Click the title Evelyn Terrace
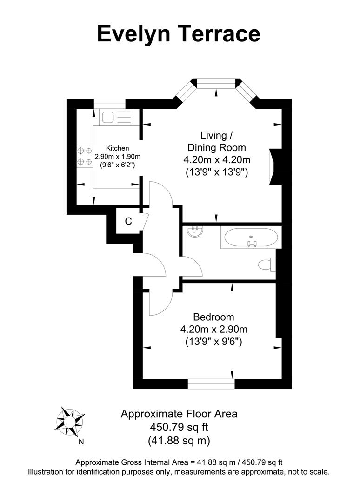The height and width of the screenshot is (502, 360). (x=179, y=34)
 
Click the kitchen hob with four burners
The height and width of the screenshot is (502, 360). (x=84, y=156)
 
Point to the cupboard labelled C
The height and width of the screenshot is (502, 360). (x=128, y=222)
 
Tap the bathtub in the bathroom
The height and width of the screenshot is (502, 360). (x=252, y=238)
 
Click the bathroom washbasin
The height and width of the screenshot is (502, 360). (x=194, y=231)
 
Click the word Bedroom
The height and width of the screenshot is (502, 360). (x=213, y=317)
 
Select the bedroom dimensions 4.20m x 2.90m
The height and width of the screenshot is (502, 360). (x=213, y=330)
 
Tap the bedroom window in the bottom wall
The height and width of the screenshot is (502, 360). (x=211, y=383)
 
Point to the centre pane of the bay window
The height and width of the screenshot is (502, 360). (x=217, y=83)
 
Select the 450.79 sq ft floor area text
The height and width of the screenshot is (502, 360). (x=179, y=427)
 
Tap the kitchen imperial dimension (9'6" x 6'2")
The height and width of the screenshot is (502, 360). (x=114, y=165)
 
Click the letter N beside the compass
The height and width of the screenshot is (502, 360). (x=81, y=442)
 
